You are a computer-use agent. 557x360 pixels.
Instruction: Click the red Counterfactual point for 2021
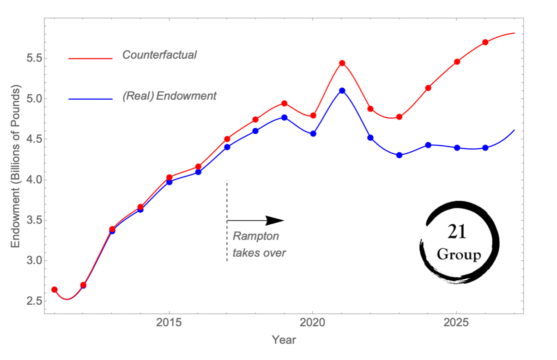click(342, 63)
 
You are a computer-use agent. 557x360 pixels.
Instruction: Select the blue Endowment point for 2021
click(342, 90)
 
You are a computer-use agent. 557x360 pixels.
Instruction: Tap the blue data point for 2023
click(399, 155)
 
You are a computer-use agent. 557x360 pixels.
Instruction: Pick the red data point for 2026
click(485, 42)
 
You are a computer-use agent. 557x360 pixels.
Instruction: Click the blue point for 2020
click(313, 134)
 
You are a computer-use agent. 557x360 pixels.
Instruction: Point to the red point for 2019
click(284, 103)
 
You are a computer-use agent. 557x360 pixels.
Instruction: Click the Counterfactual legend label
click(159, 55)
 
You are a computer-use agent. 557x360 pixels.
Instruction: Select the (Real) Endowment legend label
click(170, 96)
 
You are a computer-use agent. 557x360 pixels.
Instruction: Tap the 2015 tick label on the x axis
click(169, 323)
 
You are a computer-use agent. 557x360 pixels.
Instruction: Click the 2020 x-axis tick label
click(313, 323)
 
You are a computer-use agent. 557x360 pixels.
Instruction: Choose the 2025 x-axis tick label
click(456, 323)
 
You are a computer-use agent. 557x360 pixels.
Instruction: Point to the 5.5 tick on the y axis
click(35, 59)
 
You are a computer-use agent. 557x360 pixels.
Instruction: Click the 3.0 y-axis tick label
click(35, 261)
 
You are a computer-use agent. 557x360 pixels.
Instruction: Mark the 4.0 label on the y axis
click(35, 180)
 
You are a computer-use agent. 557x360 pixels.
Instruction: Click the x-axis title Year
click(284, 340)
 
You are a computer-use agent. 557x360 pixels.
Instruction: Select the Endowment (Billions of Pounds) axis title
click(15, 166)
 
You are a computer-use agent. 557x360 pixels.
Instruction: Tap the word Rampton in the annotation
click(255, 236)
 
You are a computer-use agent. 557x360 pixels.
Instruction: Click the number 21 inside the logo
click(457, 232)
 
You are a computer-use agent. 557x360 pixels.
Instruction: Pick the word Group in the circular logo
click(459, 255)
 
